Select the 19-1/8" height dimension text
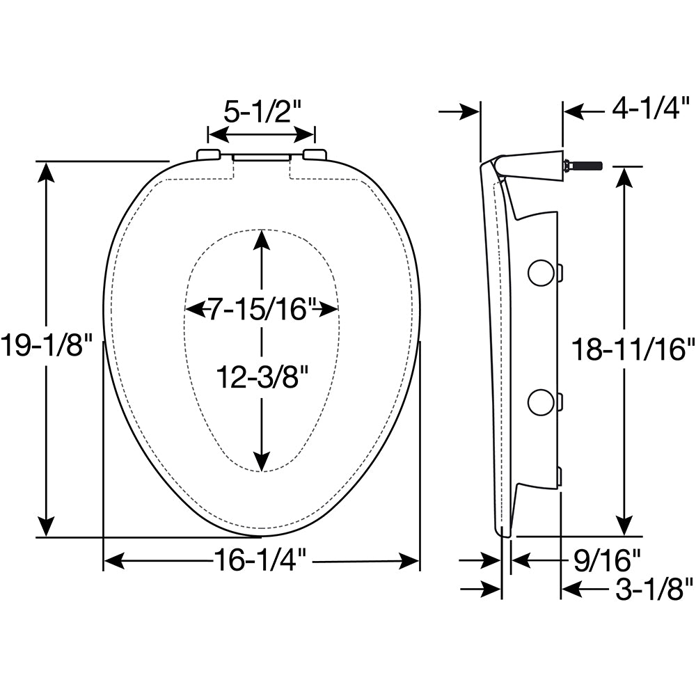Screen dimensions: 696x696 click(x=46, y=346)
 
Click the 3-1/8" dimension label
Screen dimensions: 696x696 click(x=654, y=590)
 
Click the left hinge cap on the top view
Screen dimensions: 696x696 click(x=209, y=155)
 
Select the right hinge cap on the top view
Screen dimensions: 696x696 click(x=315, y=155)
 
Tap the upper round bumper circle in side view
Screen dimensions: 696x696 click(x=541, y=274)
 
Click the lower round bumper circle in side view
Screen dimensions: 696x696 click(x=541, y=402)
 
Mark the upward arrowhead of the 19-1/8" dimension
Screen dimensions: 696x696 click(x=47, y=171)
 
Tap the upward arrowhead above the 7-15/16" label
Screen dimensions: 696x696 click(x=262, y=239)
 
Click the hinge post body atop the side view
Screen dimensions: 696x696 click(x=532, y=165)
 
